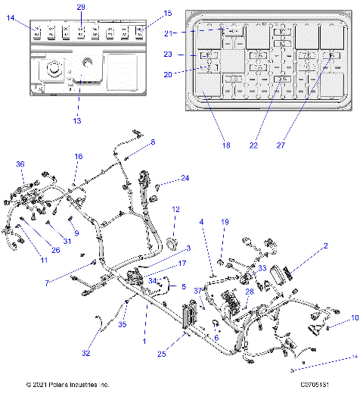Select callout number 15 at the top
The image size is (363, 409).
pos(167,13)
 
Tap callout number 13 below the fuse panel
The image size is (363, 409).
pos(76,120)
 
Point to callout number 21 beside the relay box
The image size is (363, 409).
pos(170,33)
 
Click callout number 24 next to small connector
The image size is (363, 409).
pos(185,178)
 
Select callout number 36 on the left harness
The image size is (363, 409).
pos(20,164)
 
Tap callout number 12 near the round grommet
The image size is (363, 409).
pos(175,209)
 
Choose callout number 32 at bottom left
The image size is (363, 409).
pos(86,353)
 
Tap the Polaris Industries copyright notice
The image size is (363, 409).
pos(68,385)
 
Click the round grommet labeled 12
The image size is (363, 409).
pos(172,244)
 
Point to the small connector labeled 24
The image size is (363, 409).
pos(157,186)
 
